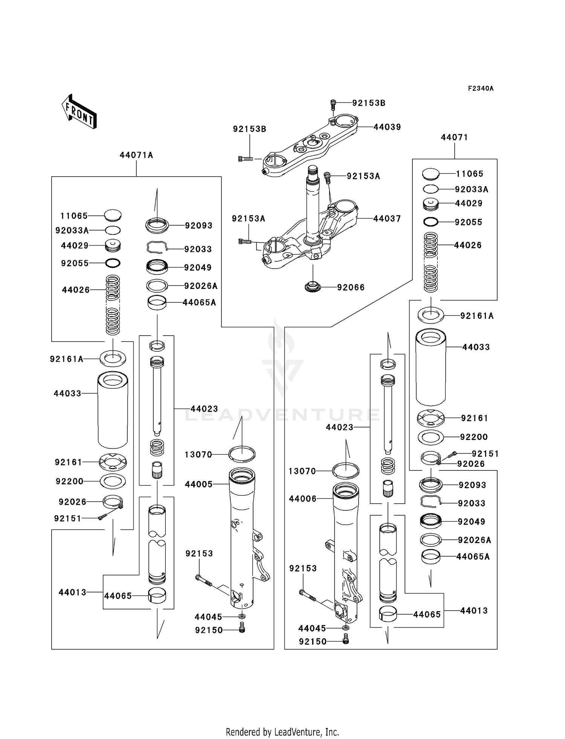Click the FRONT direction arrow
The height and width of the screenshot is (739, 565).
[x=79, y=111]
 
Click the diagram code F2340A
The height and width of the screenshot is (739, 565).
[x=481, y=89]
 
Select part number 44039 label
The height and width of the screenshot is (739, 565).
[x=387, y=127]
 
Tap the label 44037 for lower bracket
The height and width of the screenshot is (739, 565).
[x=387, y=218]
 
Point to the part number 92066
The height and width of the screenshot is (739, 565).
[x=351, y=287]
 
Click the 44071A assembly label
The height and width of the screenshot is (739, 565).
[x=136, y=155]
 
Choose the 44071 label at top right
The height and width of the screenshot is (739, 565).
[x=454, y=137]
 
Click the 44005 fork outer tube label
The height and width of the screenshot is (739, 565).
[x=199, y=484]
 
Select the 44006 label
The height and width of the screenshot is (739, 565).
[x=303, y=499]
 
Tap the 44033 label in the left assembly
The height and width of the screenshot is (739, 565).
[x=67, y=393]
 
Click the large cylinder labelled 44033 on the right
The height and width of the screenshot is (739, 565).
[x=431, y=367]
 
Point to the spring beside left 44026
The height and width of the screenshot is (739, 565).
[x=113, y=305]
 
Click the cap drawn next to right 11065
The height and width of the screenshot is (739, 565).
[x=431, y=174]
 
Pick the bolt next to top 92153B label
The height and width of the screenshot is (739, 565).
[x=333, y=104]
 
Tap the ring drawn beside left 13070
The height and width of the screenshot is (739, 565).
[x=242, y=453]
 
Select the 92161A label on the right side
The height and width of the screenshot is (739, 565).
[x=476, y=316]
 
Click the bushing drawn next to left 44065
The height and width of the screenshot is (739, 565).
[x=157, y=595]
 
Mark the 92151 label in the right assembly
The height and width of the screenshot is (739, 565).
[x=485, y=453]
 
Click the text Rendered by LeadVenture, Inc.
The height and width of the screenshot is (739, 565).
[x=282, y=732]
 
